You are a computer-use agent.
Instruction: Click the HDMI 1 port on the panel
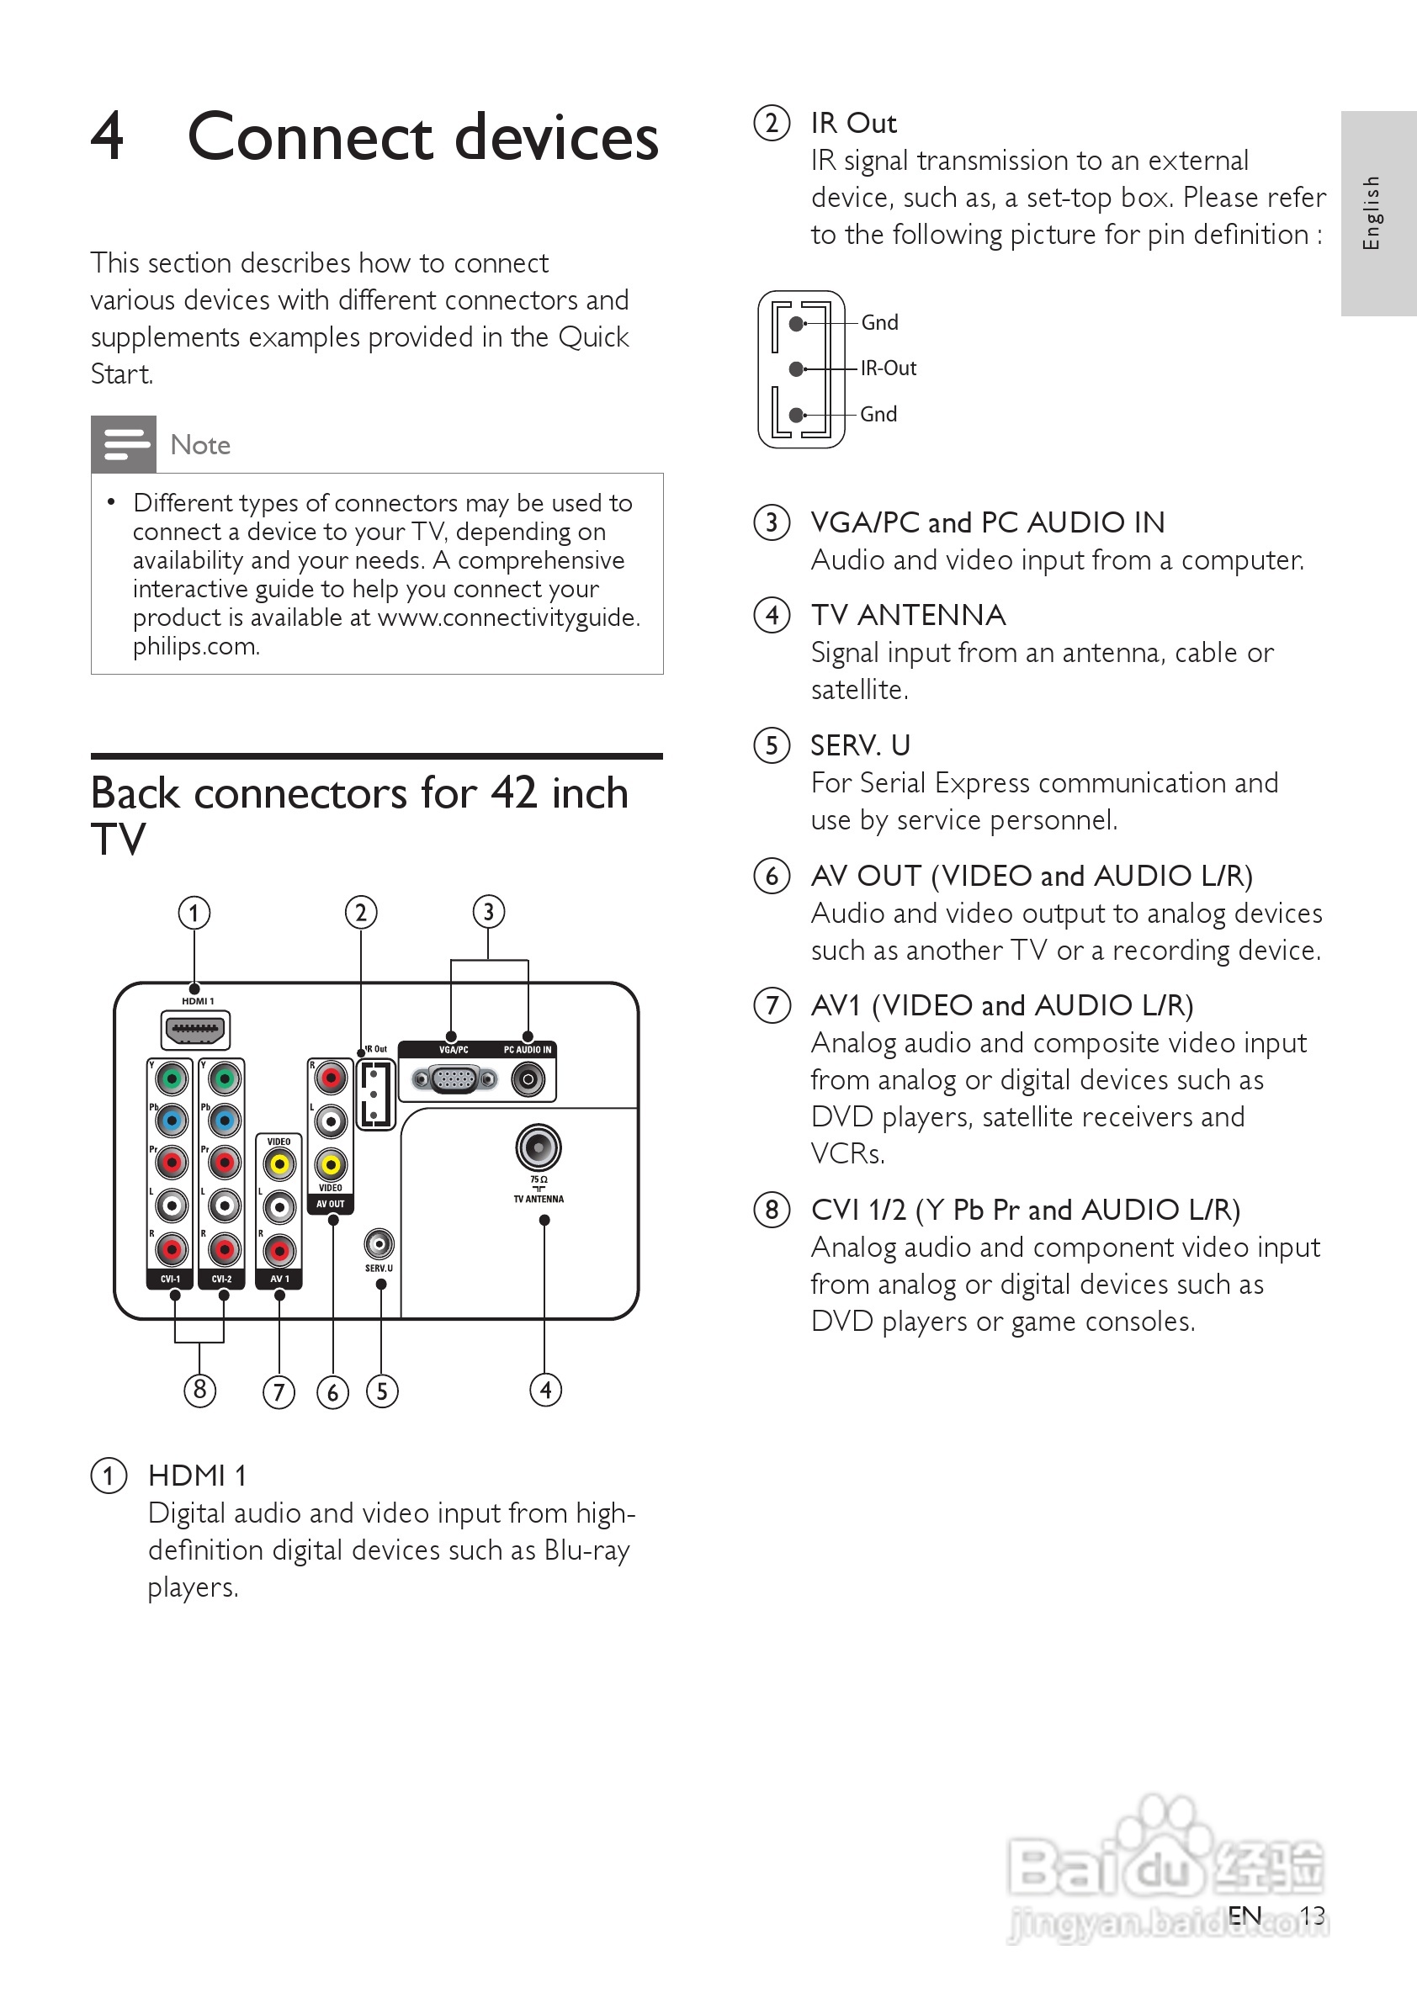195,1030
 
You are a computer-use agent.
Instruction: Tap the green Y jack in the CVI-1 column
172,1079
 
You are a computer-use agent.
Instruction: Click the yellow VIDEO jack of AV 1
279,1163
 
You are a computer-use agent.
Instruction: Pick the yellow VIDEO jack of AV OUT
331,1163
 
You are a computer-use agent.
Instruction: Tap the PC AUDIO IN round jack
528,1080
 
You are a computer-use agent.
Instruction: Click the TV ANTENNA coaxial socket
539,1147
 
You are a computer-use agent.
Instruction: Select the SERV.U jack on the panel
379,1243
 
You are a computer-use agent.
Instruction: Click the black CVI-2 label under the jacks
222,1279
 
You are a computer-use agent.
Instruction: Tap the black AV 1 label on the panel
279,1279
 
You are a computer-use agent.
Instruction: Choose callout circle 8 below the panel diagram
199,1389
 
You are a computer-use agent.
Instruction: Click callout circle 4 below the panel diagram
546,1389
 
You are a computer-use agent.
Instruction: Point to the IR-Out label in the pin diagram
889,368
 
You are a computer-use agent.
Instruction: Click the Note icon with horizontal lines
124,444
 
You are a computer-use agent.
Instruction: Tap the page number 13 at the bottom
1312,1916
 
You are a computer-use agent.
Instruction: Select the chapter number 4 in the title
109,137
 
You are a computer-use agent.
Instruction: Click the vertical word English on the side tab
1372,213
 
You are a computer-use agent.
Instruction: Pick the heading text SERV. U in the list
860,745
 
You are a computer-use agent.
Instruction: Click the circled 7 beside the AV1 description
772,1005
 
